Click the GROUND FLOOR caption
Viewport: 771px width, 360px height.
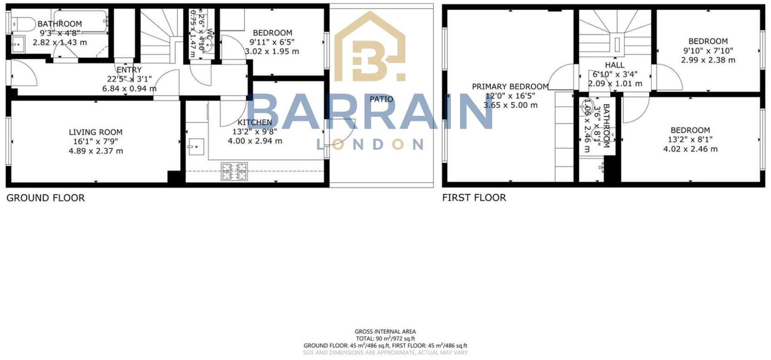pyautogui.click(x=45, y=198)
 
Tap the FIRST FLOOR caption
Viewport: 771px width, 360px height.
pyautogui.click(x=474, y=197)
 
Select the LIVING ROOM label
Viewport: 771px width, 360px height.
pyautogui.click(x=95, y=132)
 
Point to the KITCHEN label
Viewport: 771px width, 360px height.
pyautogui.click(x=255, y=122)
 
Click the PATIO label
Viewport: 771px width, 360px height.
pyautogui.click(x=381, y=99)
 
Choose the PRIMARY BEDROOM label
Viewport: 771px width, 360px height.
pyautogui.click(x=510, y=86)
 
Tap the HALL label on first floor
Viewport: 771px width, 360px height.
pyautogui.click(x=615, y=65)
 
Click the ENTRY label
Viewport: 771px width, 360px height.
pyautogui.click(x=129, y=70)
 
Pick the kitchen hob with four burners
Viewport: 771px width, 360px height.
pyautogui.click(x=235, y=171)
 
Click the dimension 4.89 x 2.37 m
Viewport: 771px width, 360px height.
pyautogui.click(x=95, y=151)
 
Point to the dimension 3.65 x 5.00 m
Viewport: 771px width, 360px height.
pyautogui.click(x=510, y=105)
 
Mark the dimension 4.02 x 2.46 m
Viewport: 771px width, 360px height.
pyautogui.click(x=690, y=149)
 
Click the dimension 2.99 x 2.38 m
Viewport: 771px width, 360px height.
pyautogui.click(x=708, y=60)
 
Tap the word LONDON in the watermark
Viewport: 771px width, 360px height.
pyautogui.click(x=370, y=145)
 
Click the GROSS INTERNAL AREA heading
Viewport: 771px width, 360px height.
pyautogui.click(x=385, y=332)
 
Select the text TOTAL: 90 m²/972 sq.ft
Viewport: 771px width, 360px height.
pyautogui.click(x=385, y=339)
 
